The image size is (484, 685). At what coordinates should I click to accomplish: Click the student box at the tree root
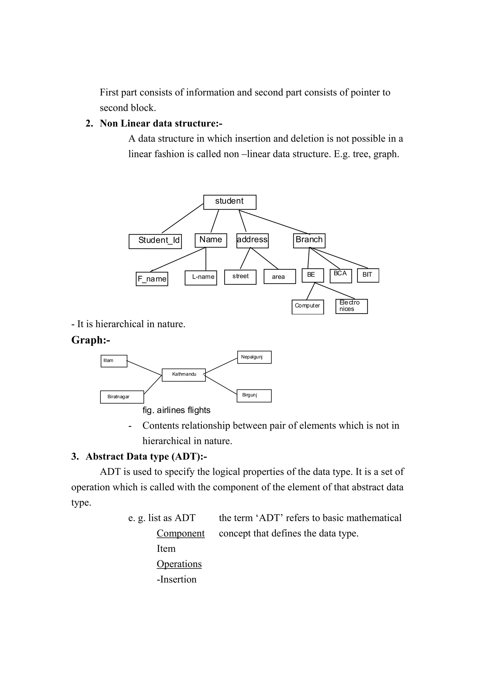[230, 202]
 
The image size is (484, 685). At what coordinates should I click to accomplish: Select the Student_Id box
[155, 241]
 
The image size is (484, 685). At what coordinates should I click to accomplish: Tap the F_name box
[152, 279]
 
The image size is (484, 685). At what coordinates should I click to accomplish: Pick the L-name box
[201, 278]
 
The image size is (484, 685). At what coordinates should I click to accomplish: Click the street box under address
[240, 277]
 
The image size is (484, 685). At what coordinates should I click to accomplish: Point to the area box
[279, 277]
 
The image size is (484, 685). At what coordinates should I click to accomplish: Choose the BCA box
[341, 275]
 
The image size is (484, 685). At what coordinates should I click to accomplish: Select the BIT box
[368, 275]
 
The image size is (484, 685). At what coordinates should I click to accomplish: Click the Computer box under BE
[307, 307]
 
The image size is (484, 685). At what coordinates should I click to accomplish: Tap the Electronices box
[351, 306]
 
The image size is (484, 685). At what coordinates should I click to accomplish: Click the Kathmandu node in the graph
[184, 375]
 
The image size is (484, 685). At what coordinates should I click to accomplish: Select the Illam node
[114, 361]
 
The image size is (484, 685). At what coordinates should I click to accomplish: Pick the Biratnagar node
[122, 397]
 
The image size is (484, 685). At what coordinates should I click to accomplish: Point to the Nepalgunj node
[254, 357]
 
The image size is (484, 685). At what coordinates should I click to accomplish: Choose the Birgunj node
[254, 396]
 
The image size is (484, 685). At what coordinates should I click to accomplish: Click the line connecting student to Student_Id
[182, 218]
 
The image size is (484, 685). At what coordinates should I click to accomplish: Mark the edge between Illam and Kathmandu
[144, 368]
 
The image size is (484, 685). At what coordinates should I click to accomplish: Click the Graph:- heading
[91, 340]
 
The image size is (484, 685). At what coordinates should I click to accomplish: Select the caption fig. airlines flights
[176, 410]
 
